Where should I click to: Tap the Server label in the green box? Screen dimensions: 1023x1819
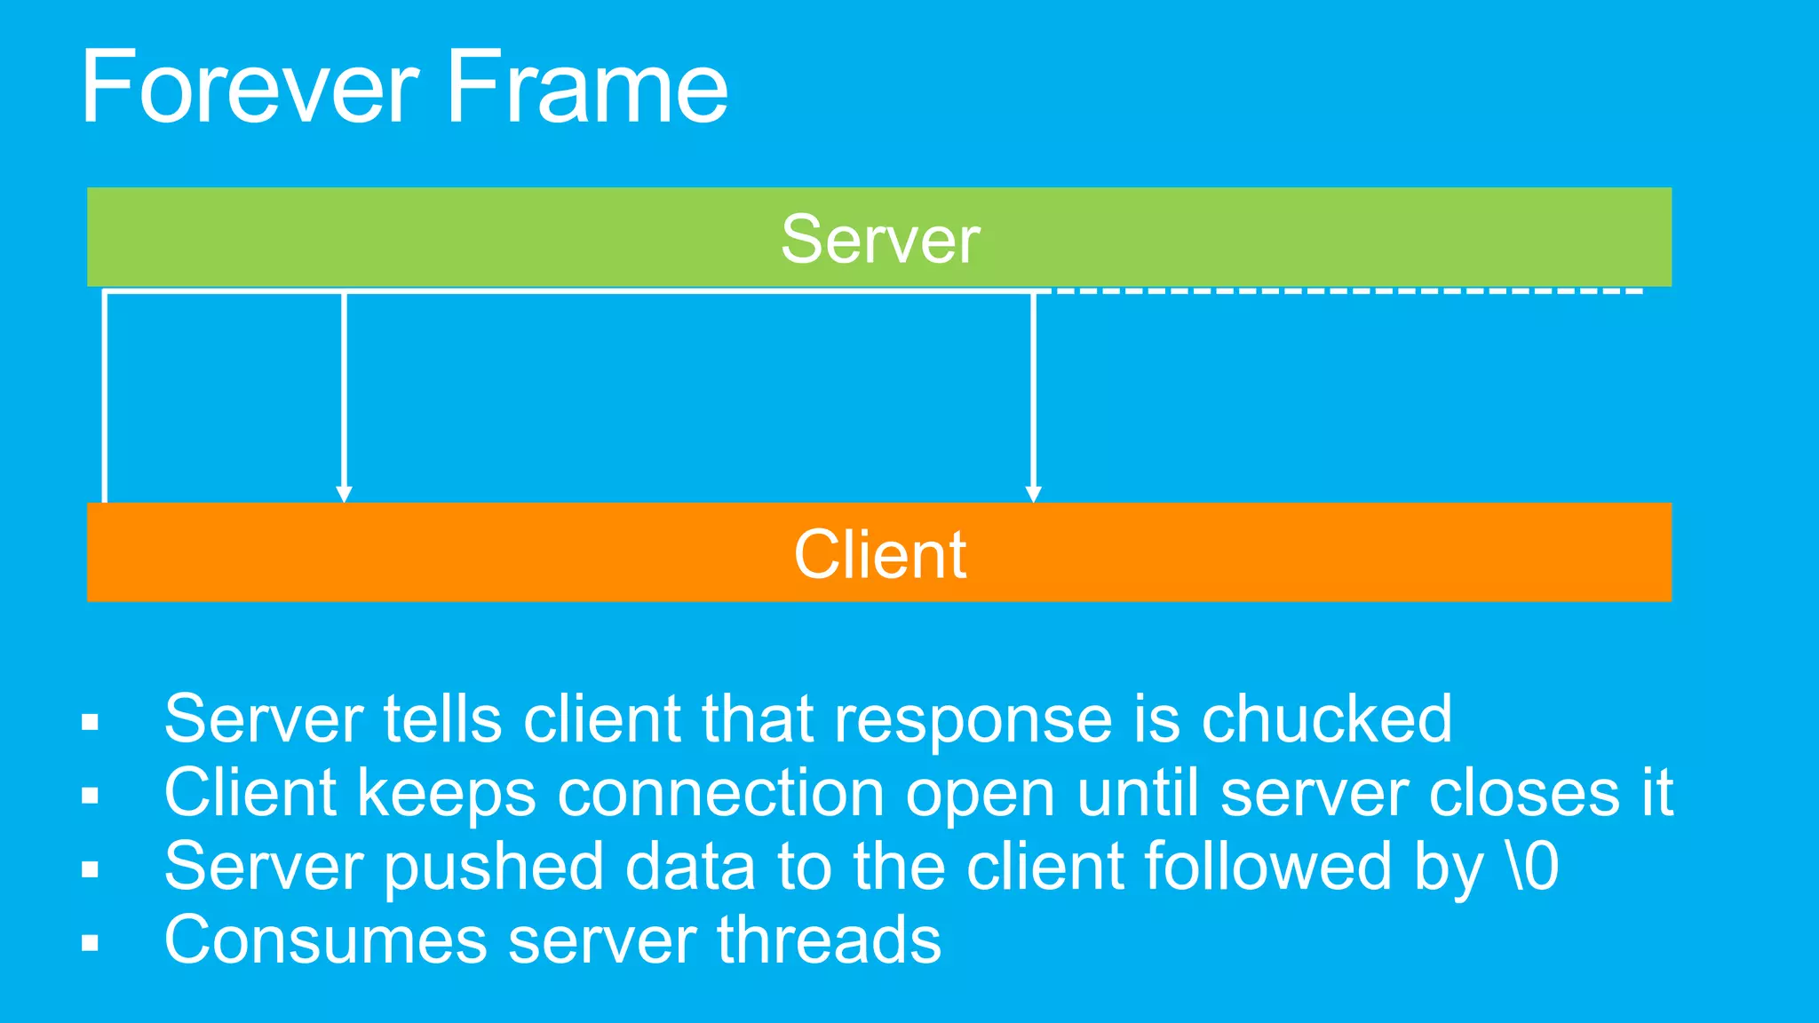pyautogui.click(x=879, y=239)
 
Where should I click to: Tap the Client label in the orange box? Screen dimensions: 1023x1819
pyautogui.click(x=879, y=554)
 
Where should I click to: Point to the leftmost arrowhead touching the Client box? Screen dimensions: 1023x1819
pyautogui.click(x=344, y=494)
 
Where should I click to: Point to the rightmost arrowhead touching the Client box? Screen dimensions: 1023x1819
pyautogui.click(x=1033, y=494)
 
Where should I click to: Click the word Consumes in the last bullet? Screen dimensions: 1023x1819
pyautogui.click(x=325, y=940)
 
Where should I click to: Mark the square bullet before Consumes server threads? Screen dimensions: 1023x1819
pyautogui.click(x=90, y=942)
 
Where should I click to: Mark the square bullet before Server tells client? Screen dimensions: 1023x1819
pyautogui.click(x=90, y=721)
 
